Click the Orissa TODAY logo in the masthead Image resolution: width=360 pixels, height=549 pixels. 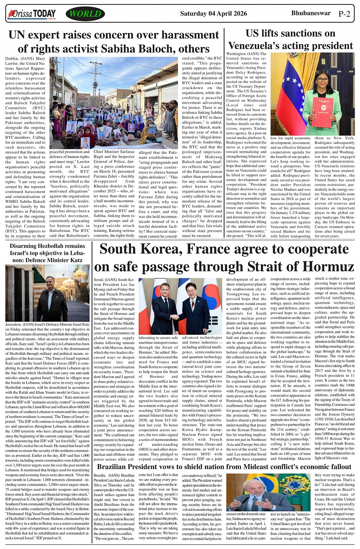pyautogui.click(x=32, y=14)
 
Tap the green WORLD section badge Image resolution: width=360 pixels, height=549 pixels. pyautogui.click(x=85, y=14)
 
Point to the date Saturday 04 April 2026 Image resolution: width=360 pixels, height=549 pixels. pyautogui.click(x=213, y=14)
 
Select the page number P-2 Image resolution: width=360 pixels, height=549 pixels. pyautogui.click(x=344, y=14)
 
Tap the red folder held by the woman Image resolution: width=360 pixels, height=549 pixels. pyautogui.click(x=322, y=112)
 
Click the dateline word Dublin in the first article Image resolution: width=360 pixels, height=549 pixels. pyautogui.click(x=12, y=59)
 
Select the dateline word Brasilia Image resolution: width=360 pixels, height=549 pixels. pyautogui.click(x=100, y=476)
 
